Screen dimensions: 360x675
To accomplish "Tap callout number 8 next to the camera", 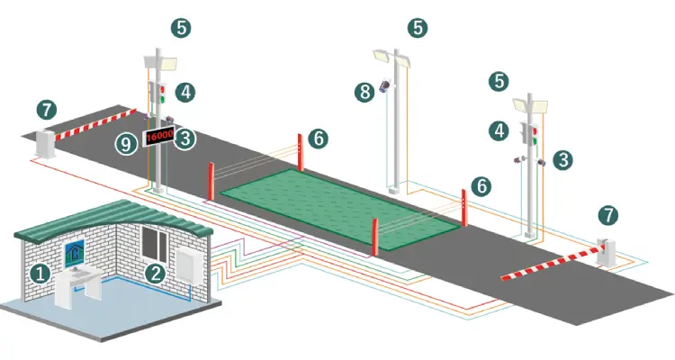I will [x=364, y=91].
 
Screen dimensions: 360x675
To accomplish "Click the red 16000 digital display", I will [x=158, y=135].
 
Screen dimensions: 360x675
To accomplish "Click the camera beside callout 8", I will [x=386, y=86].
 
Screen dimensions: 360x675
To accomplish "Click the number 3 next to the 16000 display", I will [x=184, y=139].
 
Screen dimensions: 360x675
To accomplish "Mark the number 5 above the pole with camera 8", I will [x=417, y=28].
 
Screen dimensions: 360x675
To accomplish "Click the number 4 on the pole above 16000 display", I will [x=184, y=91].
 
